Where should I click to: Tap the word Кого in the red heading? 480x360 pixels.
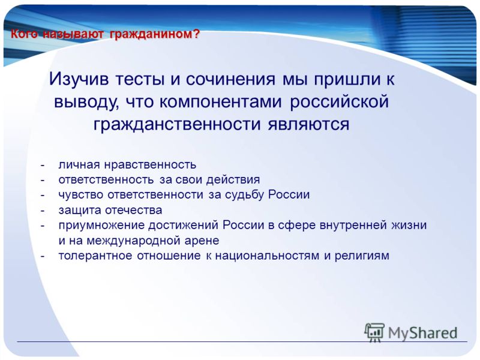pos(24,34)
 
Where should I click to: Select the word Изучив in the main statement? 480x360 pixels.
pos(79,79)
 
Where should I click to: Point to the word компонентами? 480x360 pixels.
pos(220,101)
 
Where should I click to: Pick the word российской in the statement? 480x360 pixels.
pos(339,102)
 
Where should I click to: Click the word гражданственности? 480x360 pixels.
pos(177,125)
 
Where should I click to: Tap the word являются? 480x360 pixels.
pos(308,125)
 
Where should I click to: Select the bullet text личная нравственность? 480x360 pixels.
pos(127,165)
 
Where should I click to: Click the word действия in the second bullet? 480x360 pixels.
pos(233,179)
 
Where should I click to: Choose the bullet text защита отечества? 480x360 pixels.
pos(110,211)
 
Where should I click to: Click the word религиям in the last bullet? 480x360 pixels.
pos(362,256)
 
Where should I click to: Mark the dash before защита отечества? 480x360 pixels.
pos(43,211)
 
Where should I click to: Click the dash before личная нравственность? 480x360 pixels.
pos(43,166)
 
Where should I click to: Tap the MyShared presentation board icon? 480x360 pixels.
pos(374,332)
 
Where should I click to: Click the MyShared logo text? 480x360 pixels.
pos(422,333)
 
